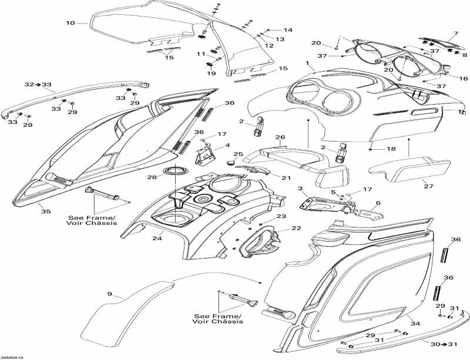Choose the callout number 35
pos(42,205)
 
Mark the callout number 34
pos(415,323)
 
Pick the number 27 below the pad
pos(428,186)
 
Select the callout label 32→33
pos(38,85)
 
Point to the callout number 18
pos(391,149)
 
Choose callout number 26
pos(281,137)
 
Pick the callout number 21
pos(286,177)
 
